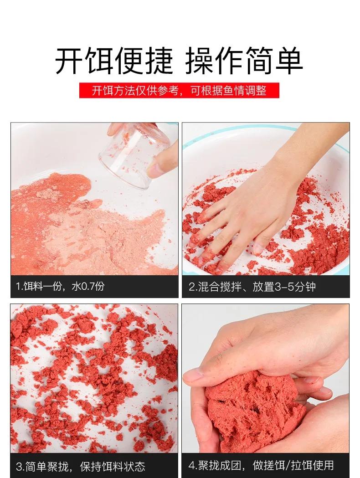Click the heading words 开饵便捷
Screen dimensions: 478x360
pyautogui.click(x=114, y=61)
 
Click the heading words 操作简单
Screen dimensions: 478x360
pyautogui.click(x=244, y=61)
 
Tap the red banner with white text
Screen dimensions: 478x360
pyautogui.click(x=179, y=90)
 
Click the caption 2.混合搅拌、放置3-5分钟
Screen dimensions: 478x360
pyautogui.click(x=252, y=287)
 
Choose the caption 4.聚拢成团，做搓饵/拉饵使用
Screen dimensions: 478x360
pyautogui.click(x=261, y=465)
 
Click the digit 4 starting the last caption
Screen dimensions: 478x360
pyautogui.click(x=191, y=465)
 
